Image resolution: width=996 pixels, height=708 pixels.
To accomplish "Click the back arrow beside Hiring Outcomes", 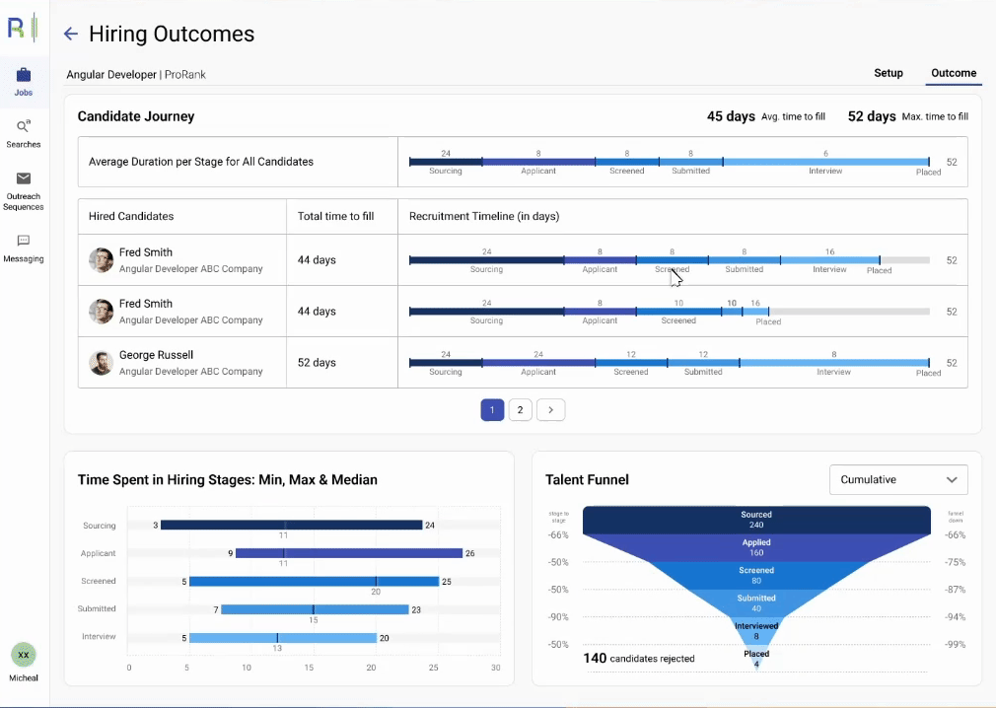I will tap(70, 35).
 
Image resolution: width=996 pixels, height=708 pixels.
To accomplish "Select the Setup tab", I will tap(888, 73).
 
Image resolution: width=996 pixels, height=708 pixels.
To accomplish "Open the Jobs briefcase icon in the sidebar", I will tap(24, 75).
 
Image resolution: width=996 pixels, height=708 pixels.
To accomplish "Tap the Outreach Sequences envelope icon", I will tap(24, 178).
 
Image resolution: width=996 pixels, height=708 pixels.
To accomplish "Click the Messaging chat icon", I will tap(24, 241).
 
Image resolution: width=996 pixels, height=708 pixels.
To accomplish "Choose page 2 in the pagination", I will tap(520, 410).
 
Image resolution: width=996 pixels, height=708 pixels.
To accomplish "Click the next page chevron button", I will tap(551, 410).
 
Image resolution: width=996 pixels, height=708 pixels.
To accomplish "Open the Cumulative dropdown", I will tap(898, 480).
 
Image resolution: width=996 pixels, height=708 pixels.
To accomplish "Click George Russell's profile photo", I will tap(101, 363).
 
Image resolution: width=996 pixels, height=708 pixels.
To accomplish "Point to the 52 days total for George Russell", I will tap(317, 363).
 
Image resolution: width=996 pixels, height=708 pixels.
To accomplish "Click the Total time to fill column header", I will tap(335, 216).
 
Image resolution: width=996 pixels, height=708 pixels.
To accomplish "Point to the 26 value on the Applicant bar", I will tap(469, 554).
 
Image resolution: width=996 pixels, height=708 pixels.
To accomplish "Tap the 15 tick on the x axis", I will tap(310, 668).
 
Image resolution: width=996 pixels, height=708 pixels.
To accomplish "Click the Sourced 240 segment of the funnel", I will tap(756, 520).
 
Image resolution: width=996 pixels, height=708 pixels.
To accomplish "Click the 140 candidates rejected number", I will tap(595, 659).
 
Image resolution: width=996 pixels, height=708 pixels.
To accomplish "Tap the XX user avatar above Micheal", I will tap(24, 655).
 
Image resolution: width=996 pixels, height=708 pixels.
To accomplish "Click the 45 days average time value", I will tap(731, 116).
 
